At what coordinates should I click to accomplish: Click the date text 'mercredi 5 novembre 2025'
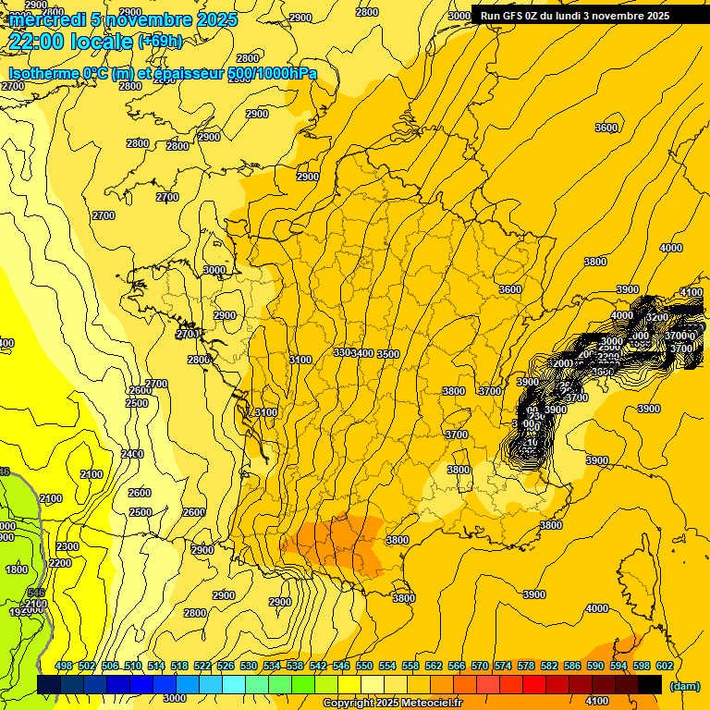click(123, 19)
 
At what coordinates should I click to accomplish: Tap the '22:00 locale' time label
click(71, 41)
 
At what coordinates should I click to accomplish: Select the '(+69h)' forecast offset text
click(160, 41)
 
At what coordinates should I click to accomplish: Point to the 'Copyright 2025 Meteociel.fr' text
click(392, 704)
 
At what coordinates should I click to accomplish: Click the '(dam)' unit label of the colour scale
click(684, 685)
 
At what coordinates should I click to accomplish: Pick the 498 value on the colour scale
click(64, 666)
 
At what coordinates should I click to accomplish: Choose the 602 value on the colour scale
click(664, 666)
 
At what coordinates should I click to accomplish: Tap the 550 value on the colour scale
click(364, 666)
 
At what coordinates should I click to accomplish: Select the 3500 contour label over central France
click(388, 354)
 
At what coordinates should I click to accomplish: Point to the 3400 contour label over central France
click(363, 353)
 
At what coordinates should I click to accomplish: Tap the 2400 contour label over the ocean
click(132, 454)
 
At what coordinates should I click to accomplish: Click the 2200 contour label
click(60, 563)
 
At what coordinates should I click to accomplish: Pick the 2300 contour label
click(67, 546)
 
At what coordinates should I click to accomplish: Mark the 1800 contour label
click(17, 569)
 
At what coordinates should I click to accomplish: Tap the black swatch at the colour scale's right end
click(650, 684)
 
